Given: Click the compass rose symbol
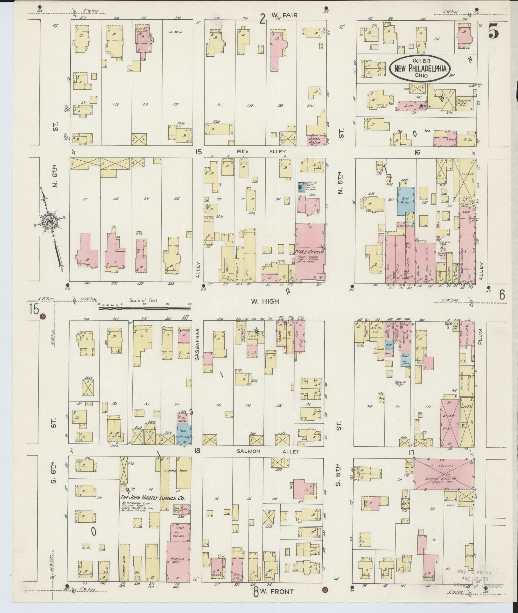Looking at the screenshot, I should [x=51, y=221].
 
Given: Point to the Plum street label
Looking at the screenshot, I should [x=480, y=337].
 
